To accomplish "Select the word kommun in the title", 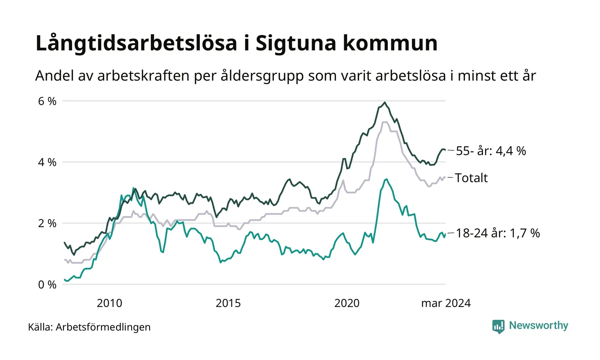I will pos(395,45).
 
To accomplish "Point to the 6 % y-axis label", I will pos(47,102).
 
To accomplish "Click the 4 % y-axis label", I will pos(47,162).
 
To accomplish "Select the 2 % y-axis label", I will pos(47,223).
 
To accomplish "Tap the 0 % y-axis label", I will pos(47,285).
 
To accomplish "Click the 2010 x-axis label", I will pos(110,303).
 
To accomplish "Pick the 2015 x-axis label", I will pos(228,303).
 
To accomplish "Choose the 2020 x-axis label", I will pos(346,303).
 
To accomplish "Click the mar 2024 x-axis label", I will pos(446,303).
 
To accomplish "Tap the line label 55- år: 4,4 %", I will pos(491,151).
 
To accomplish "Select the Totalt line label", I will pos(471,178).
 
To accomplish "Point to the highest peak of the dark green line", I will pos(385,102).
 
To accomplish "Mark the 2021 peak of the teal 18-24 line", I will pos(387,179).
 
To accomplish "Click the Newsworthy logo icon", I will pos(498,326).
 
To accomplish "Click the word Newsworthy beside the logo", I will pos(538,325).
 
